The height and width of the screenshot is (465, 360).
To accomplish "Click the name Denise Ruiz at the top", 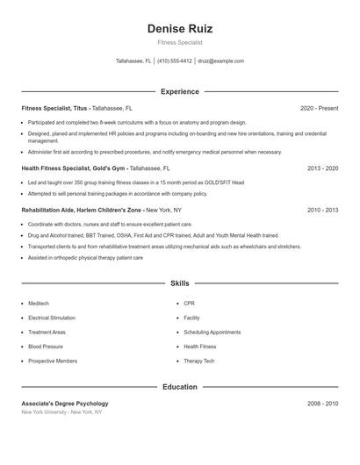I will tap(179, 29).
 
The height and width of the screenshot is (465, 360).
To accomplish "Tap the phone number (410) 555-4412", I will tap(174, 61).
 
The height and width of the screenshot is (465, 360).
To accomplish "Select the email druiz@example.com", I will tap(220, 61).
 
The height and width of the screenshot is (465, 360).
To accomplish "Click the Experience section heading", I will tap(179, 91).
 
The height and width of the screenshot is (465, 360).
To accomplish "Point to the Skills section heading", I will tap(179, 283).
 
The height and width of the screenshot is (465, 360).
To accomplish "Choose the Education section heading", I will tap(179, 387).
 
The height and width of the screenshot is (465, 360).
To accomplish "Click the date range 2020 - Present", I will tap(319, 108).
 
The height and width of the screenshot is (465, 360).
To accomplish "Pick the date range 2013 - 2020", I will tap(322, 167).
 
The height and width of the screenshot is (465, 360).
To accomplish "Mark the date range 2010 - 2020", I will tap(322, 211).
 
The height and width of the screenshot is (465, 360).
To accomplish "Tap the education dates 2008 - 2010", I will tap(322, 404).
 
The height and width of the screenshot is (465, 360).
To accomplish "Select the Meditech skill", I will tap(40, 304).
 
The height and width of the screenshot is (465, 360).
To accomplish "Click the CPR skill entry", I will tap(189, 304).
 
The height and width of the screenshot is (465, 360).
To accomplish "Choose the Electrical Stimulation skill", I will tap(53, 318).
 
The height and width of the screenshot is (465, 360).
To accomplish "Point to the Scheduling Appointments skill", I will tap(212, 333).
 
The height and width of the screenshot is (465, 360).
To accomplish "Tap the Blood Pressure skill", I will tap(46, 347).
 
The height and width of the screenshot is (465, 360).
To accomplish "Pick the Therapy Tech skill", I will tap(199, 361).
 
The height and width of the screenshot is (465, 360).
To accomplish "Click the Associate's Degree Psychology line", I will tap(65, 404).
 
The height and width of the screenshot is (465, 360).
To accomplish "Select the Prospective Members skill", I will tap(53, 361).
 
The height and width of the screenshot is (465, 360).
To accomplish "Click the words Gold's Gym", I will tap(110, 167).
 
